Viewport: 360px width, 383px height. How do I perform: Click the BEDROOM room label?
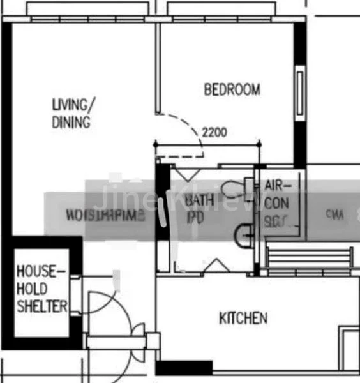pyautogui.click(x=232, y=89)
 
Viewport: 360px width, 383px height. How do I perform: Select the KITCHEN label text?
pyautogui.click(x=243, y=318)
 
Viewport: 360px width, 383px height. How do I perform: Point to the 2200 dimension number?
pyautogui.click(x=214, y=133)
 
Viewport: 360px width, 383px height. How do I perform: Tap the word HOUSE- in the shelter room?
pyautogui.click(x=41, y=272)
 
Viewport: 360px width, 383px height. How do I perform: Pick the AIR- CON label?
pyautogui.click(x=278, y=194)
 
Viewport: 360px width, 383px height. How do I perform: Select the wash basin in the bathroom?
pyautogui.click(x=242, y=234)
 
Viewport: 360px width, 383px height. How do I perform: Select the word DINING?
pyautogui.click(x=70, y=122)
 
